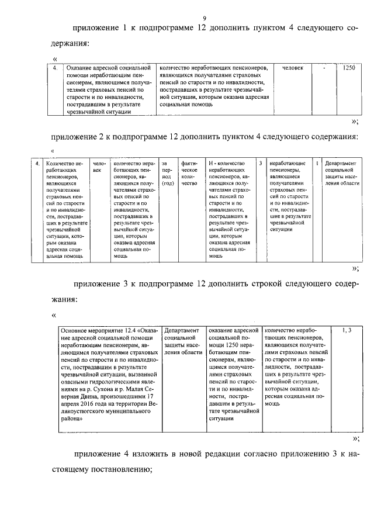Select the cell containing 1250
click(348, 68)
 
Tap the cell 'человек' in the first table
click(293, 68)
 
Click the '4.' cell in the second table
click(37, 163)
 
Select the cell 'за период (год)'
click(168, 173)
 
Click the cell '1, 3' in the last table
click(346, 331)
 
